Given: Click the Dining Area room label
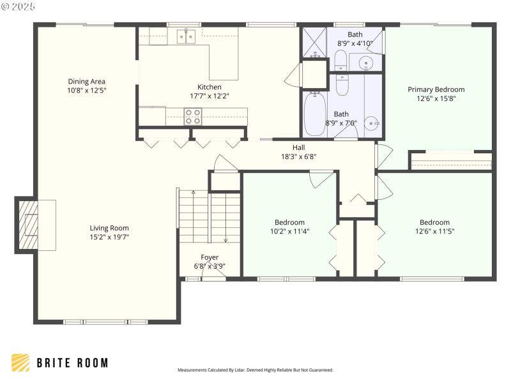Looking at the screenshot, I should [86, 82].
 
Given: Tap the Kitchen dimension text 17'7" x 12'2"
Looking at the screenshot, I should [209, 96].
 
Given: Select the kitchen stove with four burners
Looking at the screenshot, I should [193, 116].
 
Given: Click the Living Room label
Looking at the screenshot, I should [109, 228].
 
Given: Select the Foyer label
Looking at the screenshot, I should [210, 257].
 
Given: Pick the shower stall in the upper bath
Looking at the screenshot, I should [314, 43].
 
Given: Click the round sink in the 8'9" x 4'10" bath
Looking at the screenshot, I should [366, 63].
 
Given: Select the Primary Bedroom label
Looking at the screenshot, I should [436, 89].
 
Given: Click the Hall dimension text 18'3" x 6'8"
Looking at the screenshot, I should [298, 156].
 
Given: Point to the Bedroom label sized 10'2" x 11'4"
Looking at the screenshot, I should [289, 223].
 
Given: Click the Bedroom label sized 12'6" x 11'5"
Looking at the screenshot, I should [434, 223].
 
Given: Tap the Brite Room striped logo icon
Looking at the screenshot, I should [20, 363].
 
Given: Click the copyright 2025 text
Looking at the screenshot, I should [20, 6].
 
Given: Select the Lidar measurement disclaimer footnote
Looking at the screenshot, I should [255, 370].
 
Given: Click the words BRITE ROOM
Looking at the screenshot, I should [72, 363].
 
